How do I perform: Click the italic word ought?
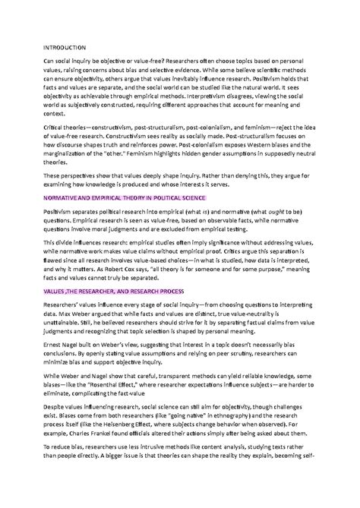(x=258, y=209)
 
